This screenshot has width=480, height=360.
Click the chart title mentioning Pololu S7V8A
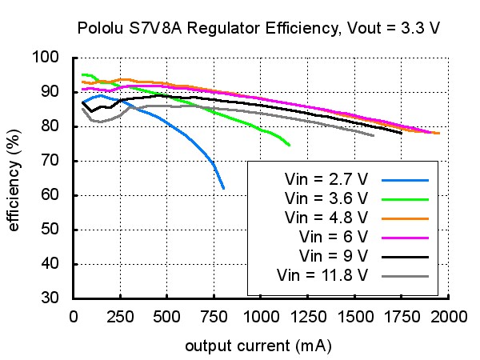(258, 28)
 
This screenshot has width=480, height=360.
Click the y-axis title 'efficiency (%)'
(14, 180)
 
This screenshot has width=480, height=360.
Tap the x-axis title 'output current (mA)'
(258, 346)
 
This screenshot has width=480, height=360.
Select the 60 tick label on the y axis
(50, 194)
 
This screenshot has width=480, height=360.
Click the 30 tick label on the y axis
(50, 298)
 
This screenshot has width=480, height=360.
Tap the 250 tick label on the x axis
(120, 317)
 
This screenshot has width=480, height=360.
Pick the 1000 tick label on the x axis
(261, 317)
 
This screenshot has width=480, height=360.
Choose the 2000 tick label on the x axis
(449, 317)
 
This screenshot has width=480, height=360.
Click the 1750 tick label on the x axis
(402, 317)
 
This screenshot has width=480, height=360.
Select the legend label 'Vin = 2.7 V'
(326, 179)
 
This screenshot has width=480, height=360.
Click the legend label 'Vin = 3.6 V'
(326, 198)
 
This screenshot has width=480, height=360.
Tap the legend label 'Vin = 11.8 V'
(322, 275)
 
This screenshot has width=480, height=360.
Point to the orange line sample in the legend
(405, 218)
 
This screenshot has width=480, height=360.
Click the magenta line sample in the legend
(405, 238)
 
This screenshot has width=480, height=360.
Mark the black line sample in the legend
(405, 257)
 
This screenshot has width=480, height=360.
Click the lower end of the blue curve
(223, 188)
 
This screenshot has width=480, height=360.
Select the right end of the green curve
(290, 145)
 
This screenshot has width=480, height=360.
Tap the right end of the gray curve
(374, 135)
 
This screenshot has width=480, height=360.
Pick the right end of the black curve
(402, 133)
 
